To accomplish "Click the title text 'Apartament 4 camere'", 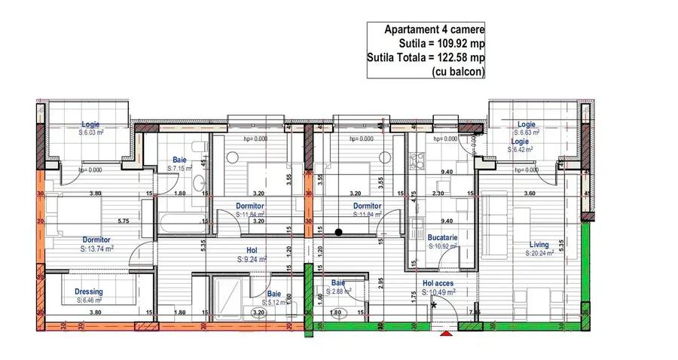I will (x=434, y=29).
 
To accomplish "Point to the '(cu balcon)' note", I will (x=459, y=72).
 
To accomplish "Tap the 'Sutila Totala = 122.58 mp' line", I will (x=426, y=58).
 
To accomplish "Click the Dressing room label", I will (x=89, y=291).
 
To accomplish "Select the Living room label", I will (x=539, y=244).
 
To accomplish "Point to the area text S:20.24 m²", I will (x=539, y=254).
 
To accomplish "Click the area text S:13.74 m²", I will (x=96, y=249).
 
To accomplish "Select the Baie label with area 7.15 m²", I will (x=179, y=160).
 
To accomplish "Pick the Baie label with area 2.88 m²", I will (x=342, y=283).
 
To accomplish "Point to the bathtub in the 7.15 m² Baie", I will (x=182, y=222).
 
